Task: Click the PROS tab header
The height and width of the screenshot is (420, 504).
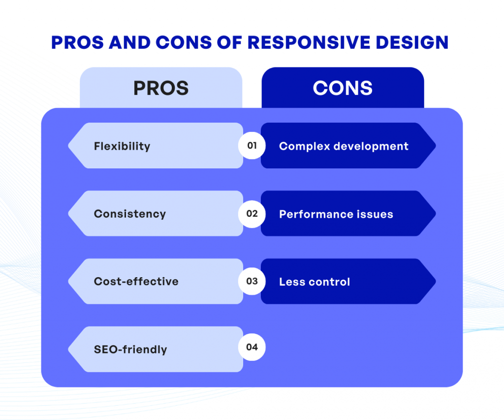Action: (161, 88)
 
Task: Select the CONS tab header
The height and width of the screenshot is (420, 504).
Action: (343, 88)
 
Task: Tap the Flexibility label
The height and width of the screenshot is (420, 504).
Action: (122, 146)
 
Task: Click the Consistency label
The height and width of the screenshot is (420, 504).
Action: (130, 214)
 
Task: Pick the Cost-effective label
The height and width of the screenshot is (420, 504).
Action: (136, 282)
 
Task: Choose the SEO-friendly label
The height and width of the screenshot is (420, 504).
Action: (130, 350)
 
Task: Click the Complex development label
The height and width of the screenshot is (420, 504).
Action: (344, 146)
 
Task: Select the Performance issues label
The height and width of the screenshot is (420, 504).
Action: (336, 214)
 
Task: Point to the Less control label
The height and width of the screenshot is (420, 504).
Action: (315, 282)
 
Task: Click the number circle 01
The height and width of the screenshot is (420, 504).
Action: (252, 146)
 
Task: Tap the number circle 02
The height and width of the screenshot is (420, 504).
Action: (252, 214)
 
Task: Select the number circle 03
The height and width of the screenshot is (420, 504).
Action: (252, 281)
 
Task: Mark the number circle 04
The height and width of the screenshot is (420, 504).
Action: (252, 347)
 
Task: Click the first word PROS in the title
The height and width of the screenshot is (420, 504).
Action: (75, 42)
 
